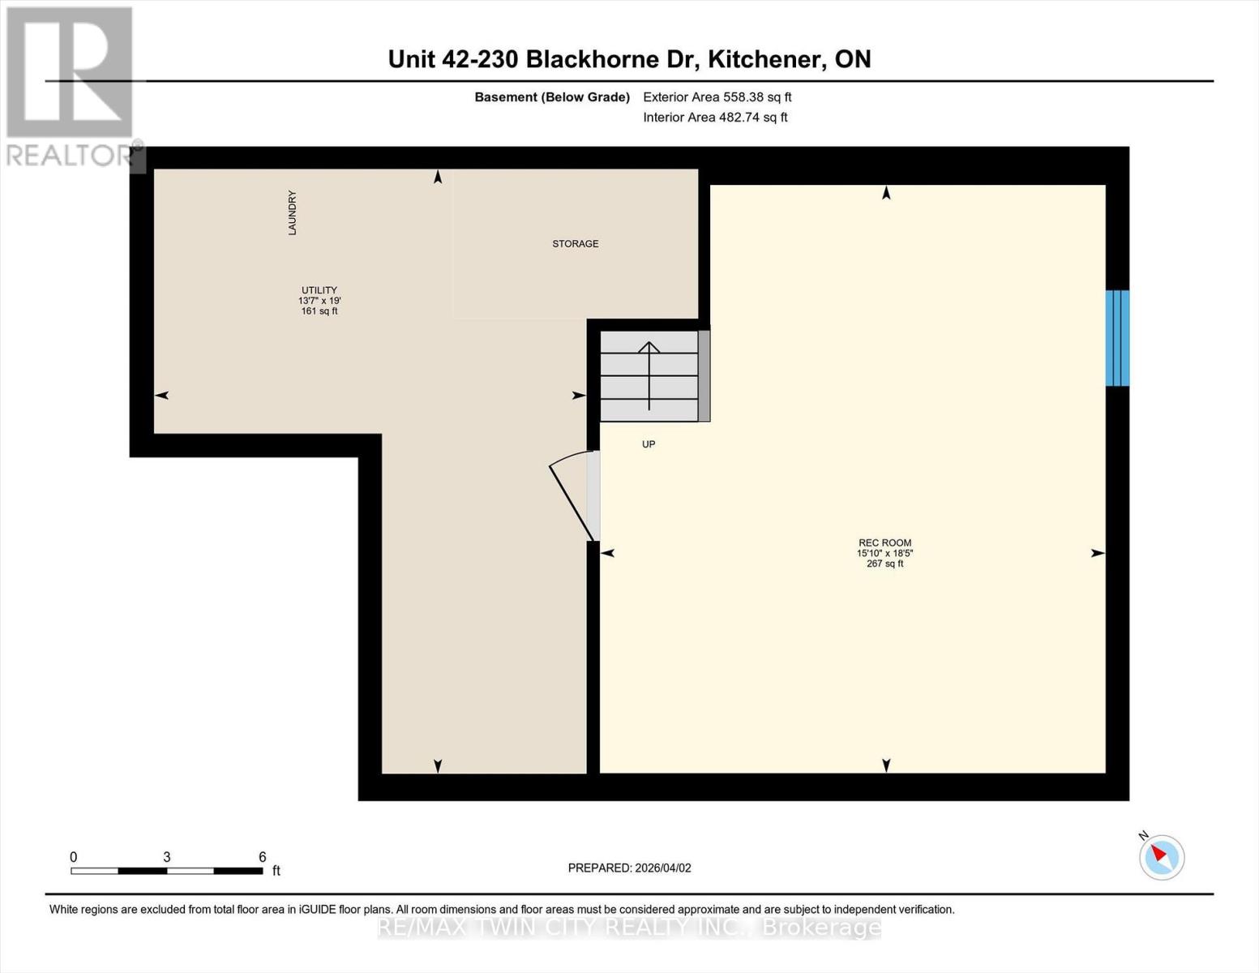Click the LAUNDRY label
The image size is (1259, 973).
[292, 213]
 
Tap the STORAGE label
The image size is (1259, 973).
[576, 244]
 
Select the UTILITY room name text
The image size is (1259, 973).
[319, 290]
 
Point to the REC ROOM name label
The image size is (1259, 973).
[885, 543]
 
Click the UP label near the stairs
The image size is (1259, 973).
[649, 444]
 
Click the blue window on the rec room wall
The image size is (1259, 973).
[1117, 338]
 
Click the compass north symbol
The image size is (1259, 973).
[1162, 856]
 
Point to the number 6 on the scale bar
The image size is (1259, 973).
[262, 857]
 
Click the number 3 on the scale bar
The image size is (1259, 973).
[167, 857]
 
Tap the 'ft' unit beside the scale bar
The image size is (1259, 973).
[276, 871]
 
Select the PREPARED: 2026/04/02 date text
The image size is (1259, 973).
[629, 868]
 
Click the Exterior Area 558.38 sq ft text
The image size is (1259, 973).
[717, 97]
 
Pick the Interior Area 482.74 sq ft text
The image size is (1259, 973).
[715, 118]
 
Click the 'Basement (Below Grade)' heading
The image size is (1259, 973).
[552, 97]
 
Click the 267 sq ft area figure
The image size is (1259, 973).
[885, 564]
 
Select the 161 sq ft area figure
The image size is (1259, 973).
[319, 311]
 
